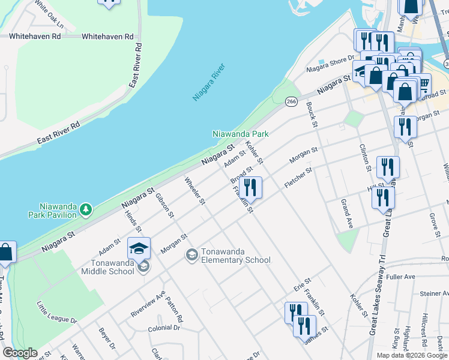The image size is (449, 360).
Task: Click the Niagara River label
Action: pyautogui.click(x=208, y=82)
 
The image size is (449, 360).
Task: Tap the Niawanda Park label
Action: pyautogui.click(x=240, y=134)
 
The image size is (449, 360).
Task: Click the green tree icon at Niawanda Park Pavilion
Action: pyautogui.click(x=87, y=209)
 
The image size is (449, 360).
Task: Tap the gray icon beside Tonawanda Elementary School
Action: pyautogui.click(x=191, y=256)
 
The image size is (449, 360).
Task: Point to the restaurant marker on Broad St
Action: pyautogui.click(x=250, y=187)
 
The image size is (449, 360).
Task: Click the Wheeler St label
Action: pyautogui.click(x=195, y=191)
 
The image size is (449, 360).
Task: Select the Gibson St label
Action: pyautogui.click(x=164, y=205)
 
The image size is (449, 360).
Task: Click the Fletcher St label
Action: pyautogui.click(x=298, y=178)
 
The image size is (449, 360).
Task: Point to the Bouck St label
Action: pyautogui.click(x=311, y=114)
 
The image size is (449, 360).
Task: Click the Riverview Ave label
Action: pyautogui.click(x=148, y=304)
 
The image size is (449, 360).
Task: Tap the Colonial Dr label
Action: pyautogui.click(x=164, y=328)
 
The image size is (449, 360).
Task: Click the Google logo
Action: pyautogui.click(x=20, y=353)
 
